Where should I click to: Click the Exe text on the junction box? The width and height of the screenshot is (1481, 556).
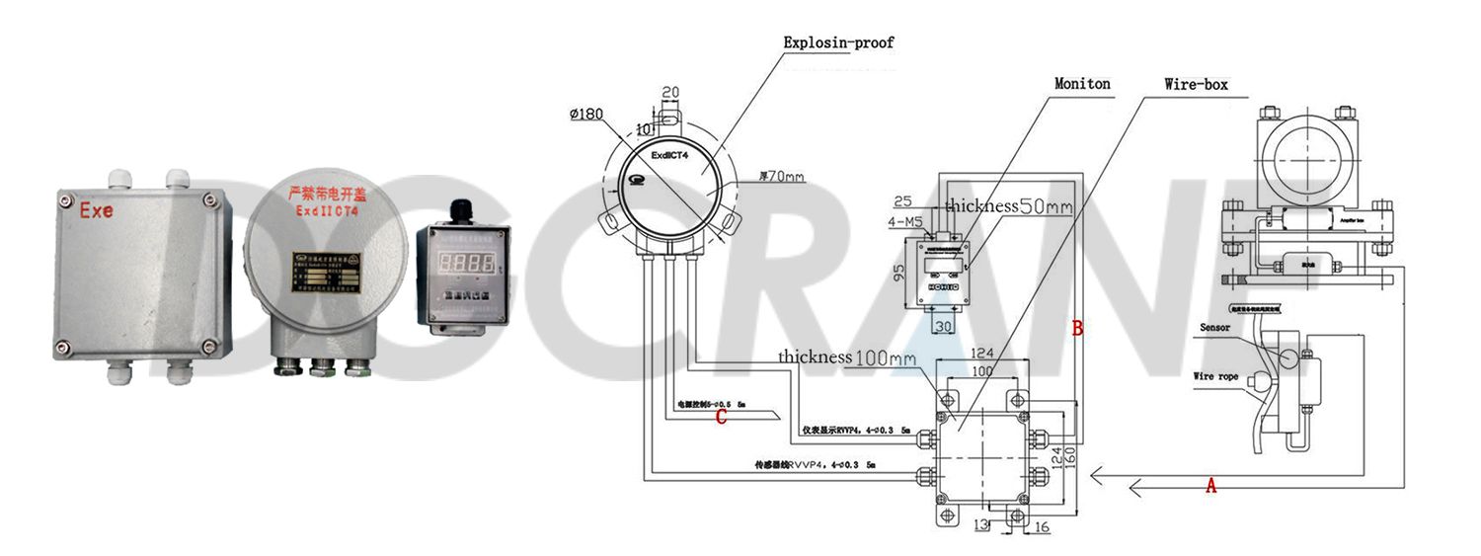[97, 210]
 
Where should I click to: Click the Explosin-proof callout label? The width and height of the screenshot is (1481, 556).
[838, 42]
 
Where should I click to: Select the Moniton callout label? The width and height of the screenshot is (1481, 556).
[1082, 84]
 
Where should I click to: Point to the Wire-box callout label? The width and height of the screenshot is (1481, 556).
[1196, 85]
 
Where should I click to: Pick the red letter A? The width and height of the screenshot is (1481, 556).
[1211, 485]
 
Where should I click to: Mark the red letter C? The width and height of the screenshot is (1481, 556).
[722, 417]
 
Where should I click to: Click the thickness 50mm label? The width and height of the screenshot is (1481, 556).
[1008, 206]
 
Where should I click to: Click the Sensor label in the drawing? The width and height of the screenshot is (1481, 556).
[1215, 327]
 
